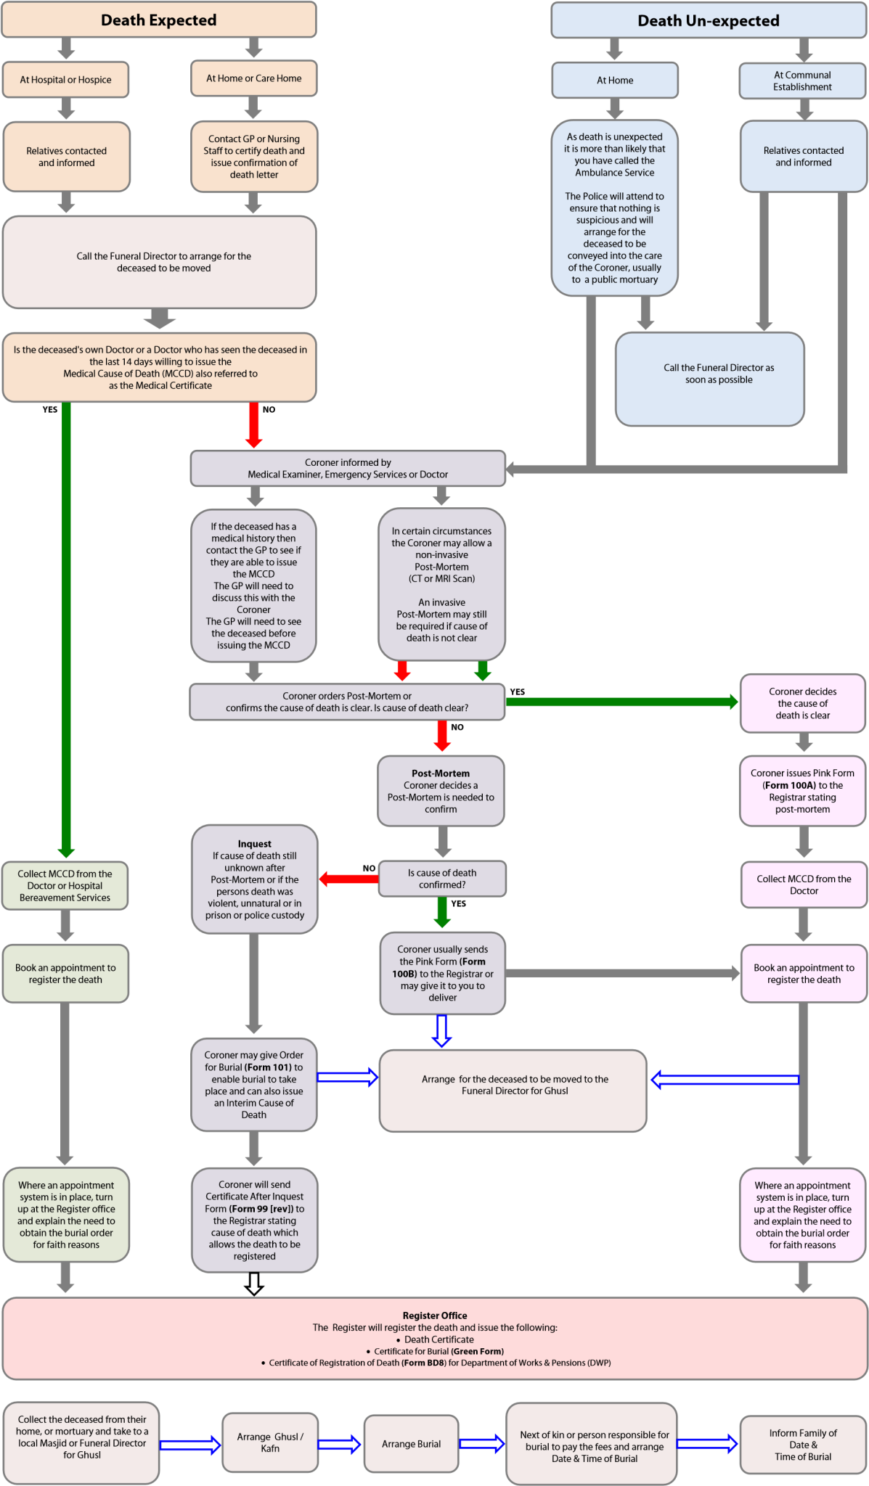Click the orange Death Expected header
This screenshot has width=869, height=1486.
pos(158,20)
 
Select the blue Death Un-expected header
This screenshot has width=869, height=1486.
pos(708,20)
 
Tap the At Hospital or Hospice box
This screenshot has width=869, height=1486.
pos(65,80)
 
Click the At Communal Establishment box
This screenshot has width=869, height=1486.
pos(802,81)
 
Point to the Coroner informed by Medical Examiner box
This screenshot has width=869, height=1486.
pos(347,469)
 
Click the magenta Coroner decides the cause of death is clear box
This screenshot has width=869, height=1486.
pos(802,703)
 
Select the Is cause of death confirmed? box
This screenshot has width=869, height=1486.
pos(441,879)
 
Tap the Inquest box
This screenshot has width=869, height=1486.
pos(254,879)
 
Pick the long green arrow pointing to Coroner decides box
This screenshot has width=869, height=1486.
pos(621,702)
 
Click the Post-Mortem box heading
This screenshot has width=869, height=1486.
pos(441,773)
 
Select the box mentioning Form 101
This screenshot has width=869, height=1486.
pos(253,1084)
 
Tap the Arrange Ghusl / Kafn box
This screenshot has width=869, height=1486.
pos(270,1442)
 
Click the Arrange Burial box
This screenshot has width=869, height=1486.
pos(411,1443)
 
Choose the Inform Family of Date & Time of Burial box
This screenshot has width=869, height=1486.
pos(802,1444)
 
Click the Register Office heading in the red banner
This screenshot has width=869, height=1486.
pos(435,1315)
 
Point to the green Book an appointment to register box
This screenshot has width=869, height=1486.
pos(65,974)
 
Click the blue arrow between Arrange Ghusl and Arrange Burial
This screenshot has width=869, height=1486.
pos(340,1444)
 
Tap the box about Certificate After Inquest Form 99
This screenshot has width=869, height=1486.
pos(254,1220)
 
